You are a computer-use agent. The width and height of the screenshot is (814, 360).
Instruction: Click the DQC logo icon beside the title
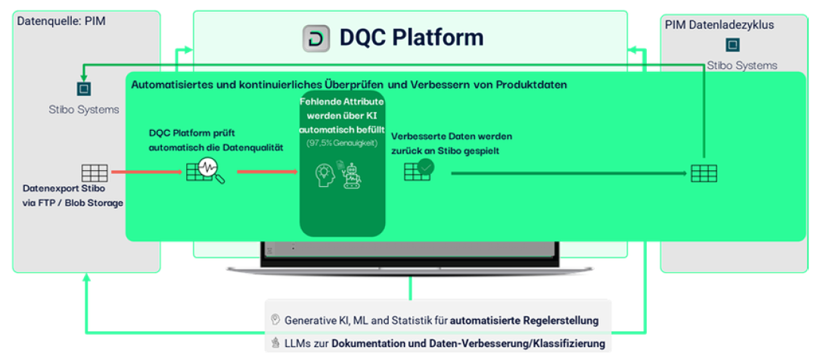(x=315, y=39)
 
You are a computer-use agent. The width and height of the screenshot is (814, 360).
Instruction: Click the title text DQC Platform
(x=411, y=38)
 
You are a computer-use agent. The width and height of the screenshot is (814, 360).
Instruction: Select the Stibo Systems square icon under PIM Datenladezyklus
(x=732, y=45)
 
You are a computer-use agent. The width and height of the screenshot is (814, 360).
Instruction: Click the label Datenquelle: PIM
(x=61, y=21)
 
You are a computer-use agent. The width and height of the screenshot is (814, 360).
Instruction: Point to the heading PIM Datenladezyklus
(x=719, y=25)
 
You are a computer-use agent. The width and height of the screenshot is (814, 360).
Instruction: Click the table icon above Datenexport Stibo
(x=94, y=172)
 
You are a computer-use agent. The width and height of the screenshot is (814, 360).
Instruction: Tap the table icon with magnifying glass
(x=205, y=173)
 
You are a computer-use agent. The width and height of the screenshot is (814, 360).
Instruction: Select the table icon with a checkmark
(x=418, y=169)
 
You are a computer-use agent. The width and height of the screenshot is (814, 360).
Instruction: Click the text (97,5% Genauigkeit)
(x=342, y=143)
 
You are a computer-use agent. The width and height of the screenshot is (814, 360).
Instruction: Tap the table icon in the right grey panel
(x=703, y=173)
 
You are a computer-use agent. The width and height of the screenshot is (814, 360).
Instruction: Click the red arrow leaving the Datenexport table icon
(x=144, y=172)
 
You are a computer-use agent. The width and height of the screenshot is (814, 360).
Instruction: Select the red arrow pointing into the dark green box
(x=266, y=172)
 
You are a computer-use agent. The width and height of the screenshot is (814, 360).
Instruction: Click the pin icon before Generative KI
(x=275, y=320)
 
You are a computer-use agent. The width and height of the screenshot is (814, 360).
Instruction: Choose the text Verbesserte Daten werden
(x=452, y=136)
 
